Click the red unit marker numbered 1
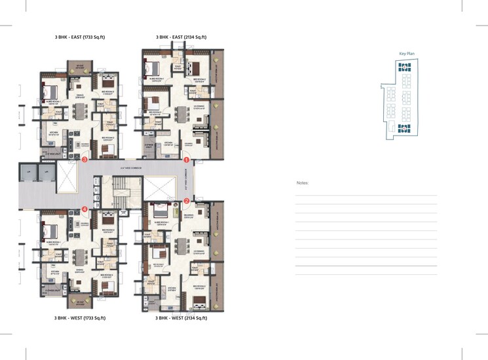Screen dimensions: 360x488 click(186, 159)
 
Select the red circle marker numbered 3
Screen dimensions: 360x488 click(84, 159)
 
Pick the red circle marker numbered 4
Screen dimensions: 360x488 click(84, 209)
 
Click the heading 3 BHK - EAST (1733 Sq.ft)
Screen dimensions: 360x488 click(80, 38)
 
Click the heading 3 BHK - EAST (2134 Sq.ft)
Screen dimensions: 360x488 click(181, 38)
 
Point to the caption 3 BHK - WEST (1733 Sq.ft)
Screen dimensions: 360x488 click(80, 317)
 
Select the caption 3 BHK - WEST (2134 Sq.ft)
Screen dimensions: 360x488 click(181, 317)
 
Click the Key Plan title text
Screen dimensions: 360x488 click(407, 54)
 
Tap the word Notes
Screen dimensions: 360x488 click(302, 183)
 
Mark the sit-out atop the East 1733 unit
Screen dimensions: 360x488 click(80, 67)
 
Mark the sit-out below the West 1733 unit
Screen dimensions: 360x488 click(80, 302)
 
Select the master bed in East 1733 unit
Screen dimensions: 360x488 click(52, 90)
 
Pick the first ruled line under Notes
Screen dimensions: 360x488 click(366, 195)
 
